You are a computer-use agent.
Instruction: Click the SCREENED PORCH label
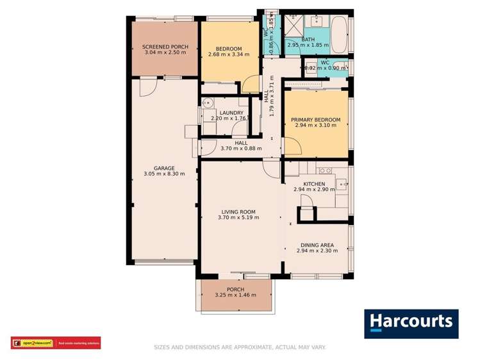(x=164, y=46)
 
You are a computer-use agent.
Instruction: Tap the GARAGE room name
(x=159, y=168)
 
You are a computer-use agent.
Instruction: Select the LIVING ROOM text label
(x=238, y=211)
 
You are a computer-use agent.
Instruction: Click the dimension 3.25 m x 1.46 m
(x=235, y=295)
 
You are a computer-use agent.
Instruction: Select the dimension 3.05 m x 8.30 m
(x=159, y=174)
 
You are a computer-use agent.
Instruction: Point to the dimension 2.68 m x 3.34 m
(x=228, y=54)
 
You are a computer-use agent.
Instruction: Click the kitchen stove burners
(x=325, y=170)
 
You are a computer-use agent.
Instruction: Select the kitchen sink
(x=342, y=185)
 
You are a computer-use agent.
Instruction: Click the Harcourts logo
(x=411, y=323)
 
